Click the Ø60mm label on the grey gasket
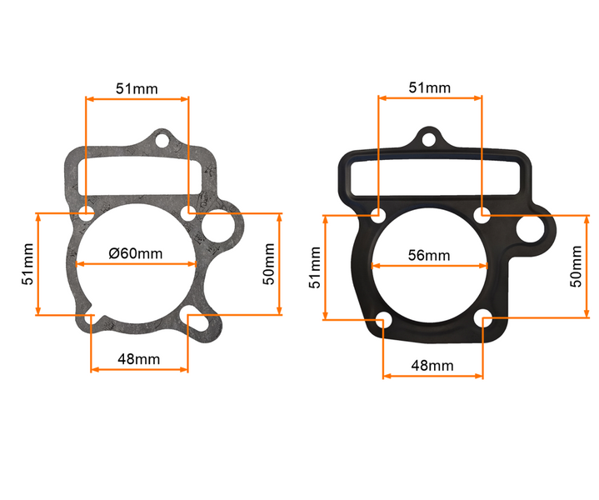tap(136, 253)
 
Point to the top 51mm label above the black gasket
tap(430, 87)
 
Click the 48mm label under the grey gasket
tap(138, 359)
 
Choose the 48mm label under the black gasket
tap(432, 365)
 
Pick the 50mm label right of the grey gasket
tap(268, 263)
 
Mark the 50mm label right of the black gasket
tap(576, 267)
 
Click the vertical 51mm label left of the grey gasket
tap(28, 264)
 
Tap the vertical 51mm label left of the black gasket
tap(314, 267)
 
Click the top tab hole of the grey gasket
tap(163, 140)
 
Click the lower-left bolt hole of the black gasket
tap(382, 319)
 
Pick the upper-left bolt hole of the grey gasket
tap(87, 213)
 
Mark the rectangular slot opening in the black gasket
tap(429, 177)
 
